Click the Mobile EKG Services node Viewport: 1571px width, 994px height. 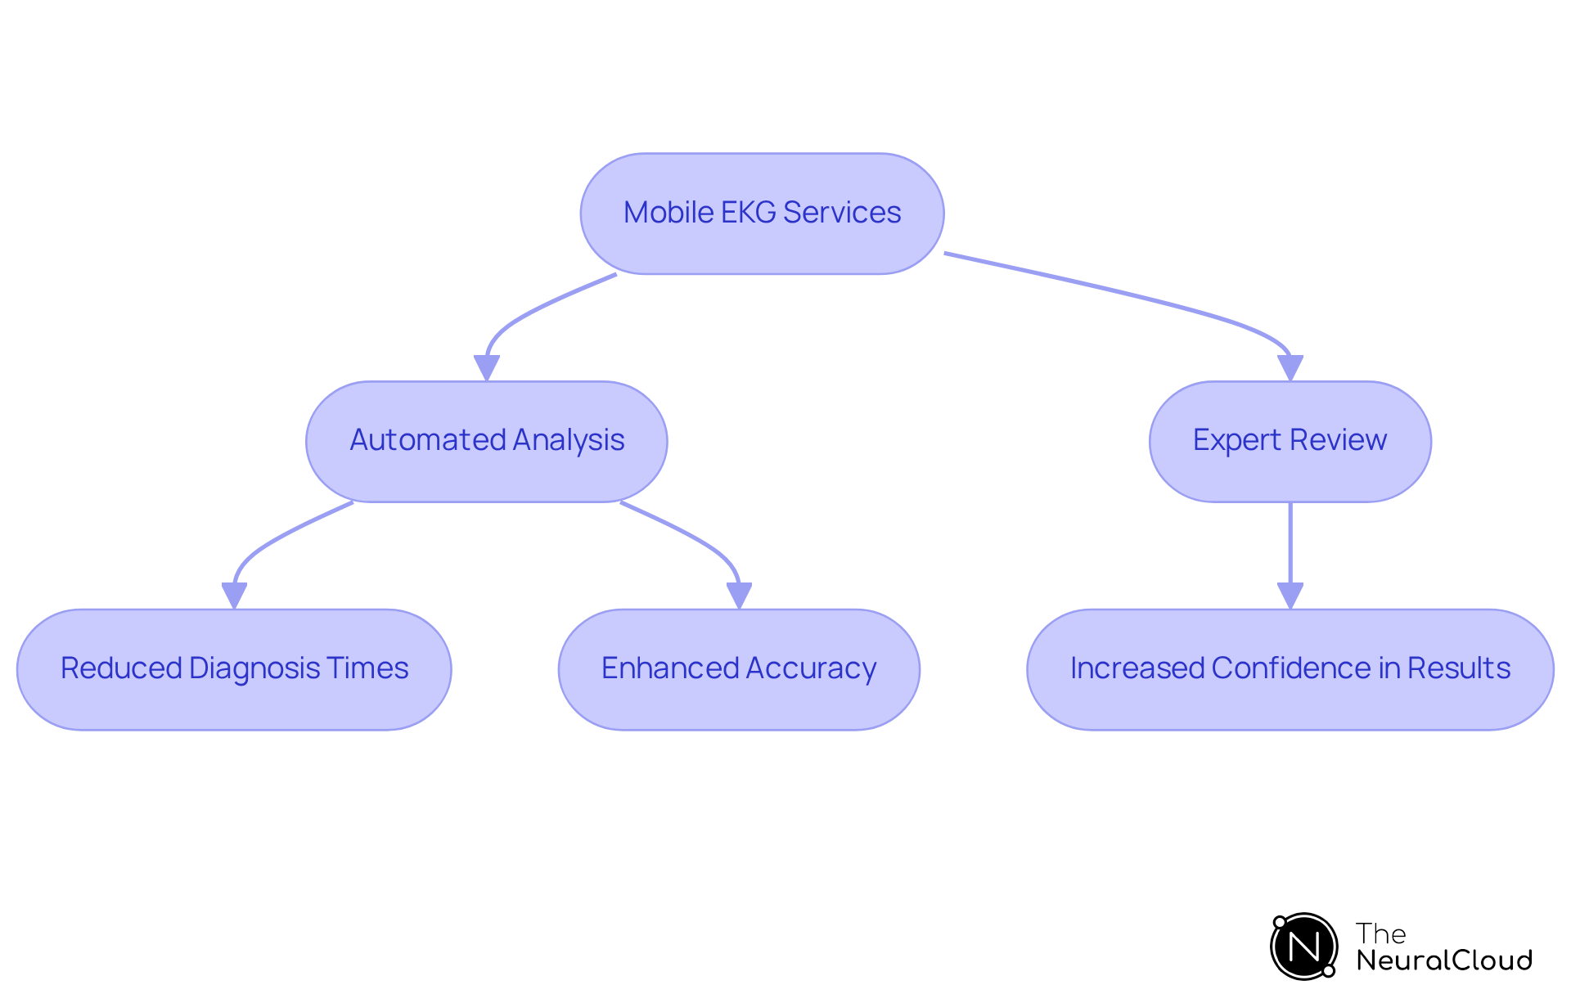pos(762,214)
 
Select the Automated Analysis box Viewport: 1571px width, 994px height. pos(486,441)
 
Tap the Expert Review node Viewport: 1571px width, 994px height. pos(1290,441)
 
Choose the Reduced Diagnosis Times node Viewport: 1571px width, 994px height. pos(234,669)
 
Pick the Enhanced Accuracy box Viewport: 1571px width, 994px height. pos(739,669)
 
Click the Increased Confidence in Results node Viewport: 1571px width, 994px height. pos(1290,669)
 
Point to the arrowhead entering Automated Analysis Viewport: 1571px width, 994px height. pos(487,368)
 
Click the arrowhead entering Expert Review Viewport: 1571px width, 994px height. pos(1290,368)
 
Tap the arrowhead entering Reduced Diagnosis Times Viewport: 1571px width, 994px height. pos(235,596)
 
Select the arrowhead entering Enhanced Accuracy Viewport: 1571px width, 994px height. pos(739,596)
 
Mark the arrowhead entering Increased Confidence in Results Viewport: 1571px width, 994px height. pos(1290,596)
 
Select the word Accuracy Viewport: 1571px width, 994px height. pos(811,668)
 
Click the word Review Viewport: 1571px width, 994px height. pos(1338,440)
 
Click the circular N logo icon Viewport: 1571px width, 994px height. pos(1303,947)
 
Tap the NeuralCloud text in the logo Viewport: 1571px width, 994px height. pos(1444,960)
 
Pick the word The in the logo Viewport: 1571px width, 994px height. pos(1380,933)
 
